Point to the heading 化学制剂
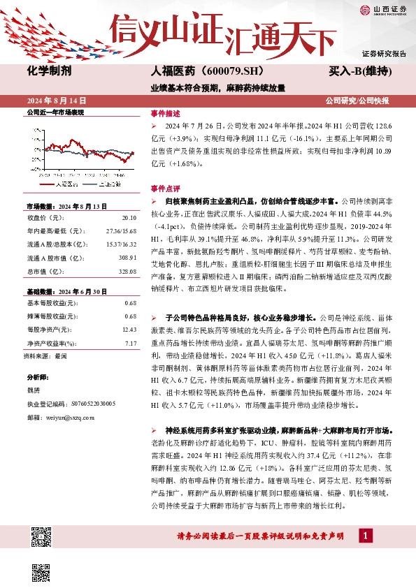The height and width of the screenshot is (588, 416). pyautogui.click(x=49, y=71)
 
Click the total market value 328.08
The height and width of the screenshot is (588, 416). pyautogui.click(x=128, y=272)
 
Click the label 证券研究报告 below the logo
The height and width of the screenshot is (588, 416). pyautogui.click(x=384, y=54)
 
